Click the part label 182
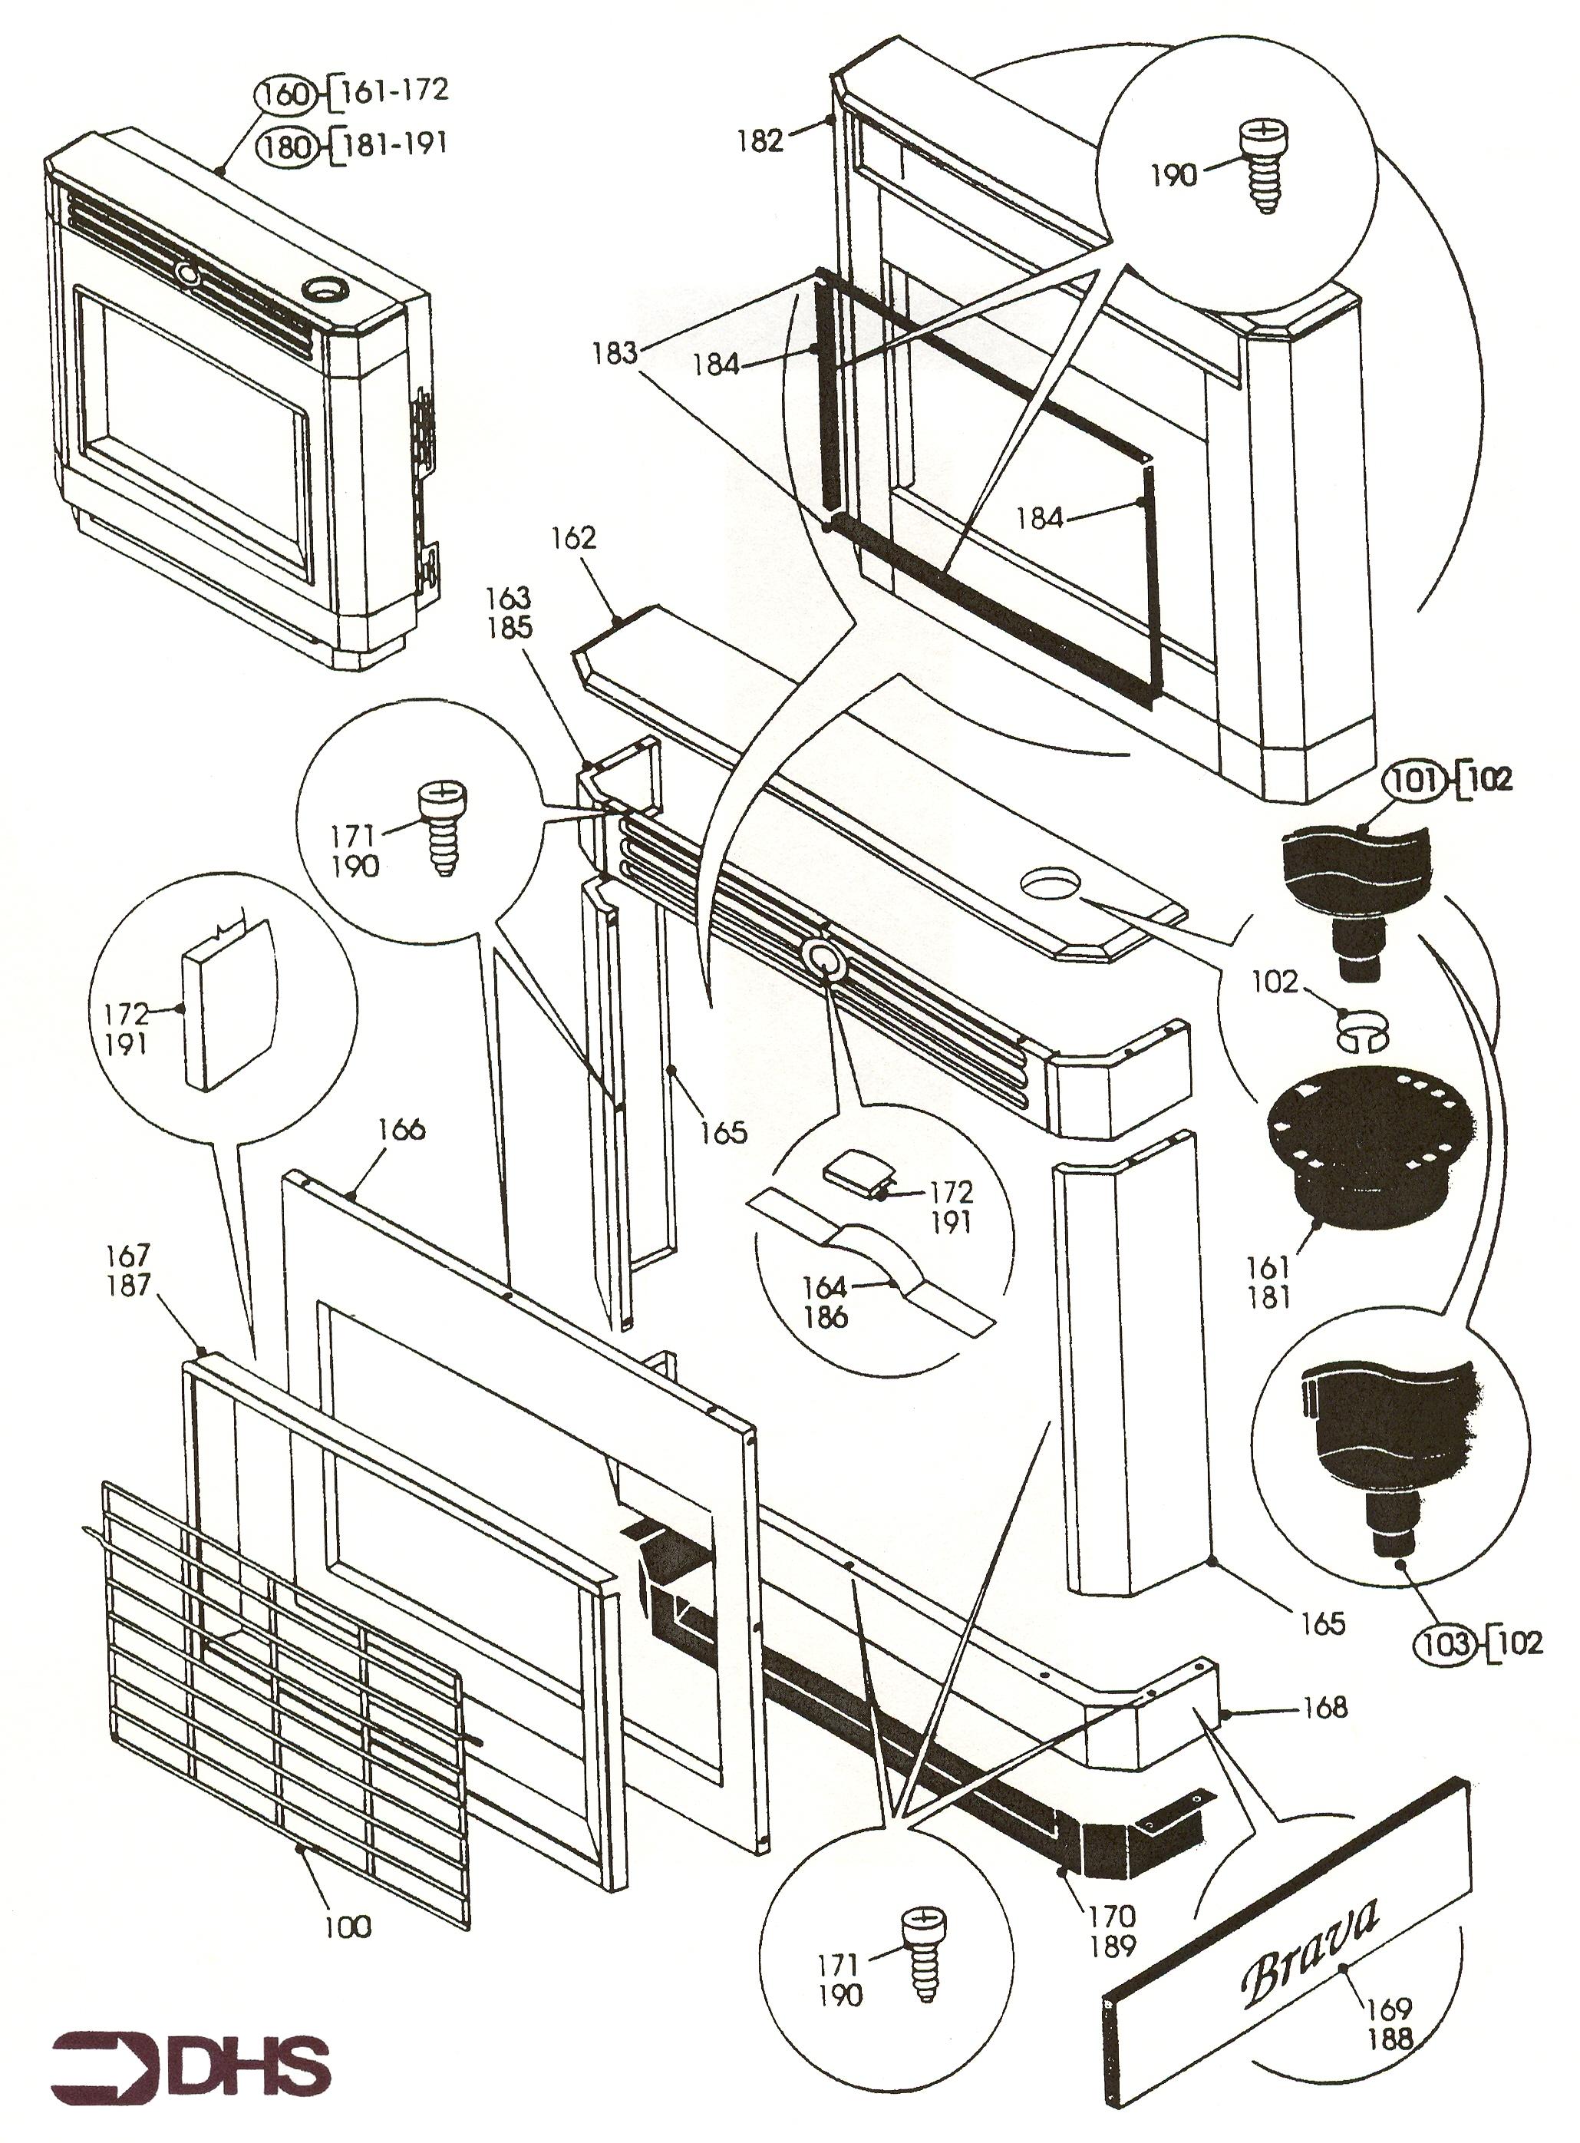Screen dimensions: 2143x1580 pyautogui.click(x=760, y=141)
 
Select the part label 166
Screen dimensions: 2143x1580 pyautogui.click(x=401, y=1129)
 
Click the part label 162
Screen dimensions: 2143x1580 pyautogui.click(x=574, y=537)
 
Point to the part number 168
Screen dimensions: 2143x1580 pyautogui.click(x=1324, y=1707)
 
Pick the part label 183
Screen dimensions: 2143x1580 pyautogui.click(x=614, y=353)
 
